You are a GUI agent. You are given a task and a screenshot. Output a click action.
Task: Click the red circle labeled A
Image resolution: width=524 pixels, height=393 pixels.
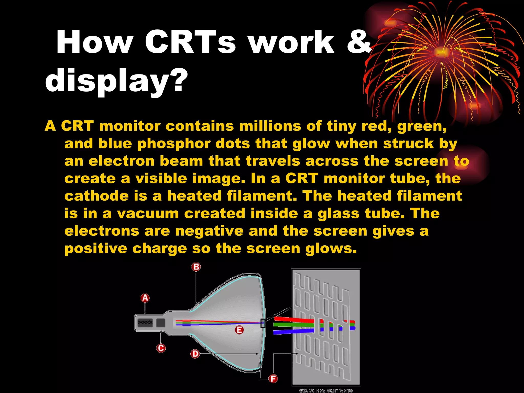click(145, 298)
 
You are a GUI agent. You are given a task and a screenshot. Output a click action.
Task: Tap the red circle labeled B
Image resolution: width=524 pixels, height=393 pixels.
click(196, 267)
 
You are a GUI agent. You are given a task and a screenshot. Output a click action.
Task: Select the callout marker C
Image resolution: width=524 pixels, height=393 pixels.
click(161, 348)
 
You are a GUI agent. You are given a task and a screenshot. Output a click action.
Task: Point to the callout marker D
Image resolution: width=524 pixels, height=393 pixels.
click(195, 354)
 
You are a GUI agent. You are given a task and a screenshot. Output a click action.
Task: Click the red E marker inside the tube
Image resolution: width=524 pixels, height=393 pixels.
click(239, 330)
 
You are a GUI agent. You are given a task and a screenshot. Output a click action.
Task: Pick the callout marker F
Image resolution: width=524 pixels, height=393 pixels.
click(273, 378)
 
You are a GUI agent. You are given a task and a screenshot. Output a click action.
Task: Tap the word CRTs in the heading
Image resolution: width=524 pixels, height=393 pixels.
click(190, 42)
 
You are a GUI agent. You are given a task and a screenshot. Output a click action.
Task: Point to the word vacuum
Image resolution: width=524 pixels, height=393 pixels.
click(148, 213)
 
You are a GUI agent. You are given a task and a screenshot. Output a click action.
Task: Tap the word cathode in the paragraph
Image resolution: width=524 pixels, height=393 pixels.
click(96, 196)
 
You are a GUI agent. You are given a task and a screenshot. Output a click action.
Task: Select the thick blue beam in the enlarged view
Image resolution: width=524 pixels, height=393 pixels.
click(293, 332)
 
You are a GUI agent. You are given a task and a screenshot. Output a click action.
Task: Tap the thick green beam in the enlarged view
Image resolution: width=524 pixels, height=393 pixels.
click(293, 325)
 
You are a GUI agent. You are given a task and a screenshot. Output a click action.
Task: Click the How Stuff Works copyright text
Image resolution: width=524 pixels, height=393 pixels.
click(325, 390)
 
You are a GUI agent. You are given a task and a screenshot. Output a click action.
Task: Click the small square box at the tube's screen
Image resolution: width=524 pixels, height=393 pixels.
click(263, 323)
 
